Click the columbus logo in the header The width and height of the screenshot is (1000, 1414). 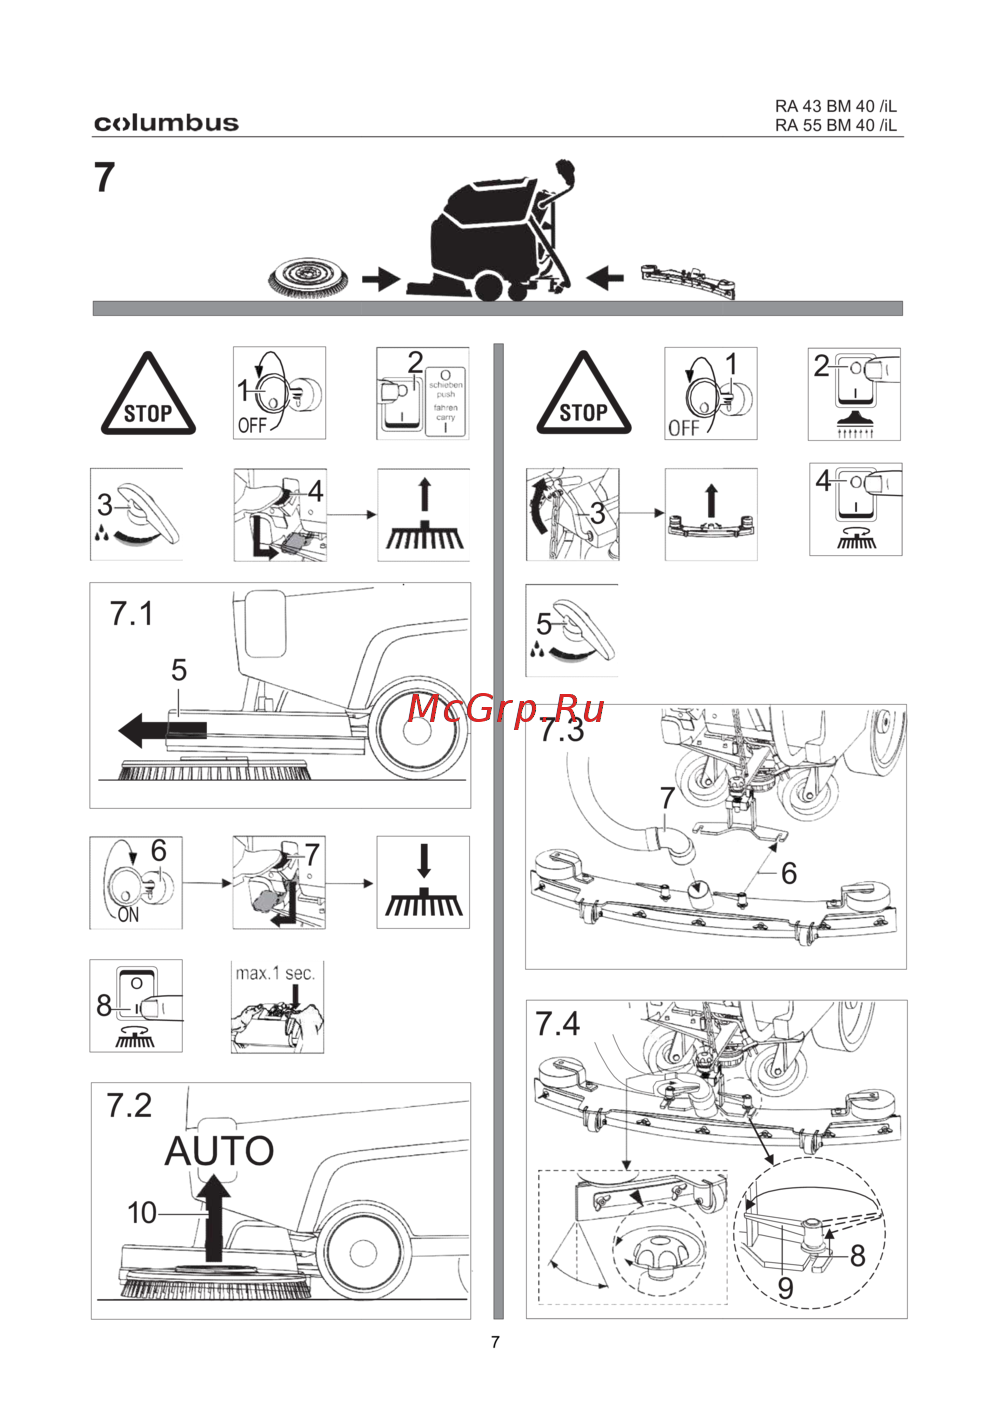pyautogui.click(x=166, y=123)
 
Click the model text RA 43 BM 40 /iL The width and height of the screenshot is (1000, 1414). pyautogui.click(x=835, y=106)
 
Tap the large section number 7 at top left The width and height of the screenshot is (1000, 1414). pyautogui.click(x=105, y=178)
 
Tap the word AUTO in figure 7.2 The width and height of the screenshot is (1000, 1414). pyautogui.click(x=219, y=1151)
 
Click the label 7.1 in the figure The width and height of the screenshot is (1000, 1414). pyautogui.click(x=131, y=613)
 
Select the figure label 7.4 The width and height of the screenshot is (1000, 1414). pyautogui.click(x=557, y=1024)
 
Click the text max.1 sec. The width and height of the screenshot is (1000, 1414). pyautogui.click(x=275, y=973)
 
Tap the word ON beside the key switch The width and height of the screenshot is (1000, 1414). pyautogui.click(x=128, y=914)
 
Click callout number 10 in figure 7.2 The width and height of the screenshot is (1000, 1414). pyautogui.click(x=141, y=1213)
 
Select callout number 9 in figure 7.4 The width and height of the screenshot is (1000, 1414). pyautogui.click(x=785, y=1288)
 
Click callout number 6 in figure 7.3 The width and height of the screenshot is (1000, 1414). pyautogui.click(x=788, y=873)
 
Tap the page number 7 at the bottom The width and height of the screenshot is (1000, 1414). pyautogui.click(x=495, y=1342)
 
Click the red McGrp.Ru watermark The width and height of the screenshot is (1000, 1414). pyautogui.click(x=506, y=708)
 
